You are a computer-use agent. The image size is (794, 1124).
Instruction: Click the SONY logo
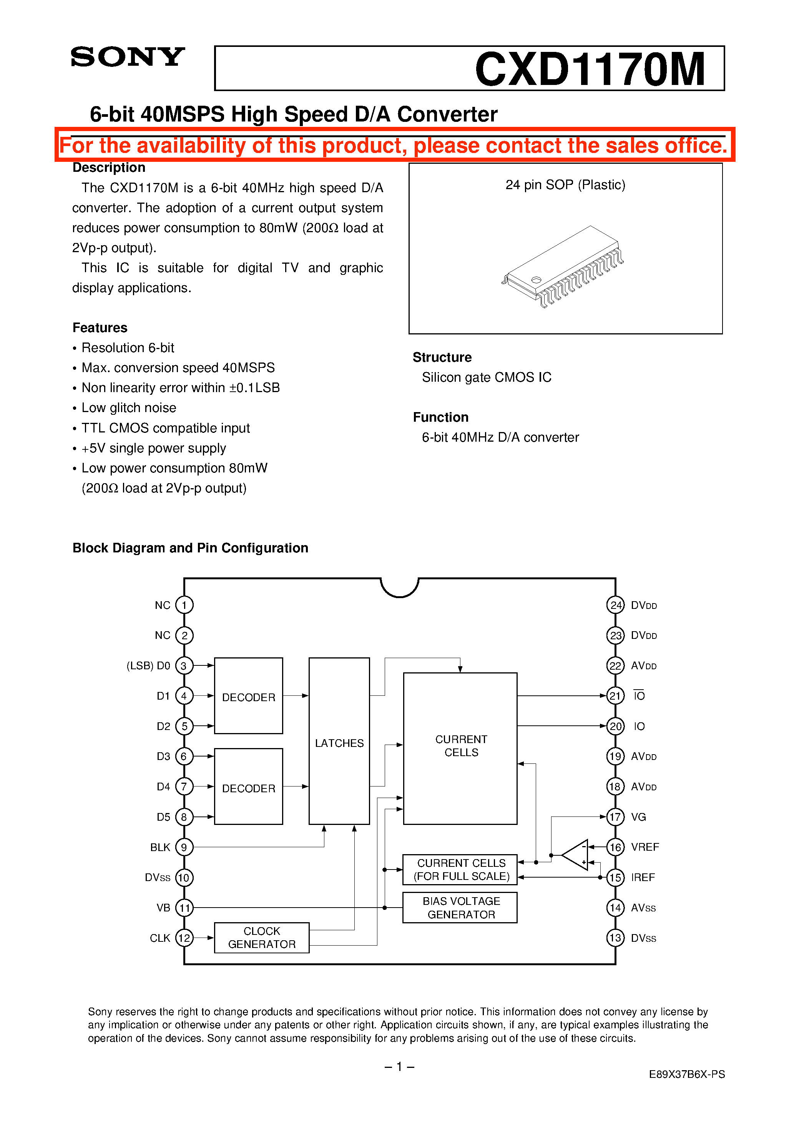(127, 57)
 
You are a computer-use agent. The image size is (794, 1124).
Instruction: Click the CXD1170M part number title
(590, 69)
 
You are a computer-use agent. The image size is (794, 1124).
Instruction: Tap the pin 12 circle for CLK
(184, 938)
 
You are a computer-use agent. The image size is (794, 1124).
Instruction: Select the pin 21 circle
(615, 696)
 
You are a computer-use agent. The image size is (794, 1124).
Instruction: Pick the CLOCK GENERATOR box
(261, 938)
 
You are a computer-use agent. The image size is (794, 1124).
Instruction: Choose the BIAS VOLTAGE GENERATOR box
(460, 908)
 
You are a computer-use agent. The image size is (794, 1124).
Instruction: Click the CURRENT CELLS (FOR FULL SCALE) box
(460, 870)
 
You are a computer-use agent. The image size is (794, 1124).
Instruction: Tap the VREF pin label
(645, 847)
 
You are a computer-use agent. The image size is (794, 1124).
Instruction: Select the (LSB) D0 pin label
(148, 666)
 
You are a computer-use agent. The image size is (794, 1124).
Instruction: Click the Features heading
(100, 328)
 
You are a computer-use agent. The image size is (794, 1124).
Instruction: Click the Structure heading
(442, 357)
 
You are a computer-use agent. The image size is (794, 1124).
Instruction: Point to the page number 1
(399, 1066)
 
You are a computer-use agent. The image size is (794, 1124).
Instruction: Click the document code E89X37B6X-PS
(686, 1074)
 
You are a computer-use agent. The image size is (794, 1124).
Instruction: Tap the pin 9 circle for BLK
(184, 847)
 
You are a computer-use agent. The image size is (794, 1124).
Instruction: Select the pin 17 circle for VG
(615, 816)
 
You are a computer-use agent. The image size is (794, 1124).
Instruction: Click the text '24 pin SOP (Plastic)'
(565, 185)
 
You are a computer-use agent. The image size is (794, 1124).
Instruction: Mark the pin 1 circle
(184, 605)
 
